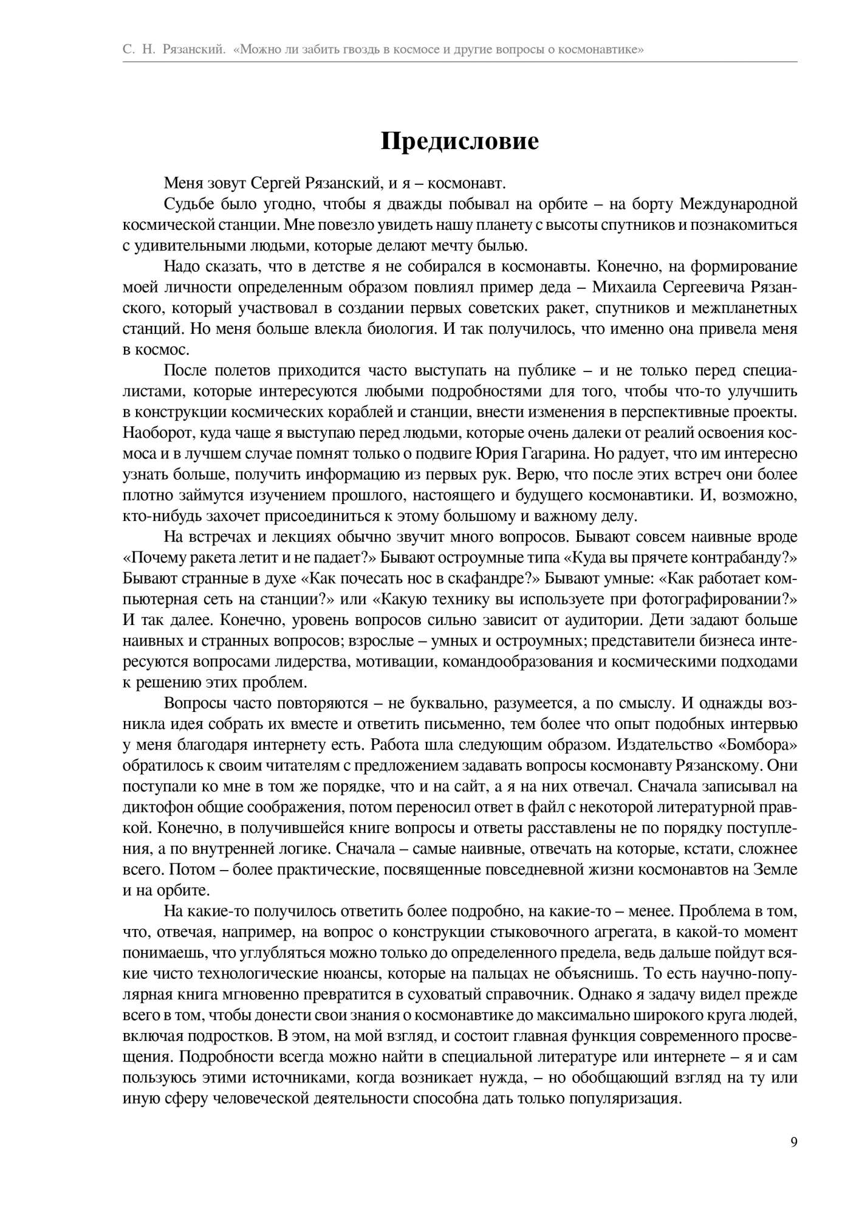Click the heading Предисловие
(x=459, y=142)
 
